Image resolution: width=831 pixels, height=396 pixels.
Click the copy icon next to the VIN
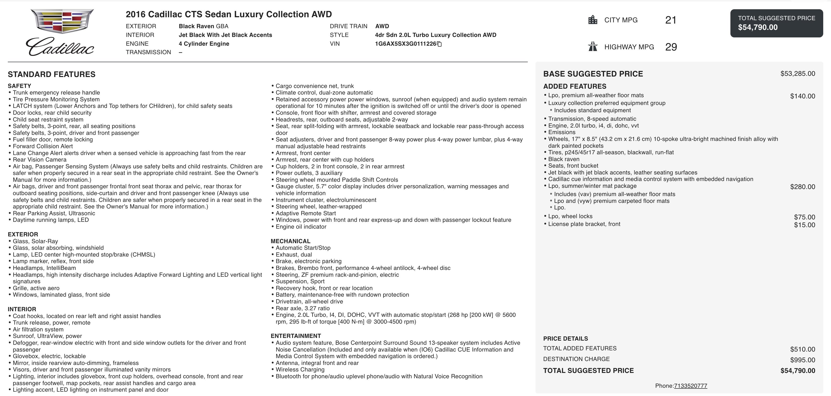(x=439, y=44)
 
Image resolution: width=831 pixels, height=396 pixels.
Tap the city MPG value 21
(x=670, y=20)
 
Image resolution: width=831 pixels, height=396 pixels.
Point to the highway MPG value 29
(x=671, y=47)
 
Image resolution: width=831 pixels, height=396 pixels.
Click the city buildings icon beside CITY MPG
(x=593, y=20)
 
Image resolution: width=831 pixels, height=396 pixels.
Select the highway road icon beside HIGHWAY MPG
(x=593, y=47)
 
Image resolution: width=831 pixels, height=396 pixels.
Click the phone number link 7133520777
(x=690, y=386)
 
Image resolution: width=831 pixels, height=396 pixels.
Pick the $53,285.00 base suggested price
(x=797, y=74)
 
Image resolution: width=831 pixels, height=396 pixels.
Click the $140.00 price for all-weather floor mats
(x=802, y=96)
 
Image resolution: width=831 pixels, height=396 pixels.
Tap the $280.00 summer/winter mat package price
(x=802, y=187)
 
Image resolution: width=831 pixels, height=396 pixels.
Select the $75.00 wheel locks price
(x=804, y=217)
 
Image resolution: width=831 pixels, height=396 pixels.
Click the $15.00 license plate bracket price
(x=804, y=225)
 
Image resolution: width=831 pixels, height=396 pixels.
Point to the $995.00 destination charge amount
(x=802, y=360)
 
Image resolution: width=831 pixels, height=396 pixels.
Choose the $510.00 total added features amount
(x=802, y=349)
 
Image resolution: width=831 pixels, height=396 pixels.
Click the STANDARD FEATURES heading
(x=52, y=75)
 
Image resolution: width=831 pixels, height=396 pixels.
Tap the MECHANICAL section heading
(x=290, y=241)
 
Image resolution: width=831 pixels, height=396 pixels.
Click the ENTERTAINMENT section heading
(x=295, y=336)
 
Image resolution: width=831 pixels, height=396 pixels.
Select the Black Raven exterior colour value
(x=203, y=26)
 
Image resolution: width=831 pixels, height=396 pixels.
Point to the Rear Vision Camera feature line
(x=39, y=160)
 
